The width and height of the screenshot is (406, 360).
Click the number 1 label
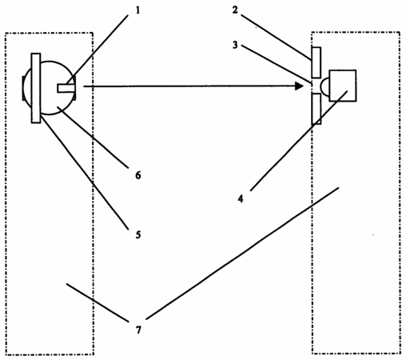(x=137, y=10)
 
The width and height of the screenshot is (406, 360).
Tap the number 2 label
(x=235, y=10)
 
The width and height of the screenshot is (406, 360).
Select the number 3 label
(x=235, y=45)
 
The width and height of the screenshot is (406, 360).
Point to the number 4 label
(x=241, y=198)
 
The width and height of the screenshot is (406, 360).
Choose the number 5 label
(x=138, y=234)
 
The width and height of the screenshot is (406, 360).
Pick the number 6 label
(x=138, y=175)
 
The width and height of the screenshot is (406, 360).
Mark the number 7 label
(x=138, y=330)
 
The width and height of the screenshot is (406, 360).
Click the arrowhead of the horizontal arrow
(x=300, y=86)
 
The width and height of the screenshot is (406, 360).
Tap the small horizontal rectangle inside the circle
(x=65, y=88)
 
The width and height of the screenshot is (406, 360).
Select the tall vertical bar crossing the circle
(x=36, y=88)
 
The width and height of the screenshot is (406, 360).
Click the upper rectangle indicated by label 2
(x=316, y=62)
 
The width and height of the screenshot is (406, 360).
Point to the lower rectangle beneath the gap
(x=316, y=109)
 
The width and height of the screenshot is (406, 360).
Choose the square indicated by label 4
(x=343, y=86)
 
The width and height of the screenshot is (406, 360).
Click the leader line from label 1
(x=97, y=50)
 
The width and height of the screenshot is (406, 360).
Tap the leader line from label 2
(x=276, y=37)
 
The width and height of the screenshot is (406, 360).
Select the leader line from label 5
(x=85, y=172)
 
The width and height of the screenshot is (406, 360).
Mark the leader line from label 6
(x=93, y=138)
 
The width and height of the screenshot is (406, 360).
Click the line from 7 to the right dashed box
(x=242, y=254)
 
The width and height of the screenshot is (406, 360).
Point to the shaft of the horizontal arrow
(x=189, y=86)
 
